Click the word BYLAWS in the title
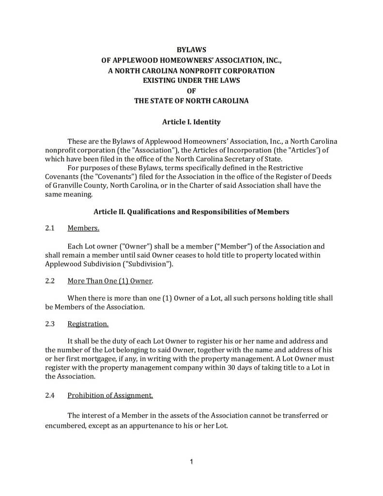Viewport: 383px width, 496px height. point(191,50)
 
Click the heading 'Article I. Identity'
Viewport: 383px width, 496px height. point(191,122)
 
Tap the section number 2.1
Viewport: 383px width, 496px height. point(49,228)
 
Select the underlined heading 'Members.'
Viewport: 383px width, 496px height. point(83,228)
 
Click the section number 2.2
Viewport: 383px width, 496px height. point(49,281)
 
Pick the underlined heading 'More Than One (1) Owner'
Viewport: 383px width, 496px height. point(109,281)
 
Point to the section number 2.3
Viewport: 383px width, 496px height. point(49,324)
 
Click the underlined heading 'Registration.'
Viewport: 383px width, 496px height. point(88,324)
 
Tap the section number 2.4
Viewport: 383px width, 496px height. point(49,395)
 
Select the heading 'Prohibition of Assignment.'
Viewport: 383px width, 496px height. point(110,395)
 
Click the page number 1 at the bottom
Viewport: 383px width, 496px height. point(191,462)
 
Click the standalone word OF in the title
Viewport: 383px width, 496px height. point(191,91)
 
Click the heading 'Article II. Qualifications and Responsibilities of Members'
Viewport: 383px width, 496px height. point(191,212)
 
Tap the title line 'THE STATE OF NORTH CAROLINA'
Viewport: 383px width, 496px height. point(191,101)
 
